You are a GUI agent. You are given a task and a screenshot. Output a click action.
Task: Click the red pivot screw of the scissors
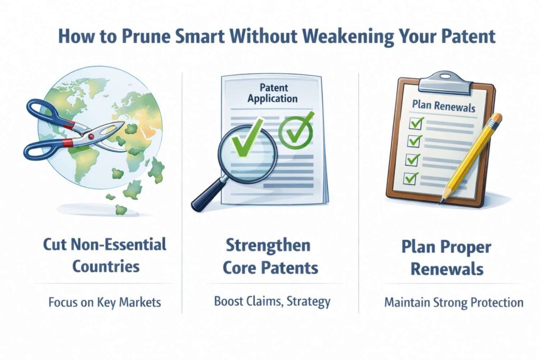pos(91,137)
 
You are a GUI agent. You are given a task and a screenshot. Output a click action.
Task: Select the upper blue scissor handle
pos(48,113)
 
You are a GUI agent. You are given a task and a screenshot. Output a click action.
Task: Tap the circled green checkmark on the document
pos(296,130)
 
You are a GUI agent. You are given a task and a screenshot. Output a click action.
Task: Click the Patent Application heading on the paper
pos(273,93)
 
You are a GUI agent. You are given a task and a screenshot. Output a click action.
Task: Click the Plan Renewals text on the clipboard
pos(443,106)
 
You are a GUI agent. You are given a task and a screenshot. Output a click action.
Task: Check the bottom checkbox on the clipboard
pos(410,178)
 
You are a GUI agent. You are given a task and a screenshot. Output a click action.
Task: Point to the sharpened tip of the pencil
pos(440,203)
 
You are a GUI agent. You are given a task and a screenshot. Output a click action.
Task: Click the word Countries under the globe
pos(105,266)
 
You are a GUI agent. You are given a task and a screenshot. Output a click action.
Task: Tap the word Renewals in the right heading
pos(447,269)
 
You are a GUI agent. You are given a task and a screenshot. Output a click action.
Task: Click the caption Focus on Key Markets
pos(105,303)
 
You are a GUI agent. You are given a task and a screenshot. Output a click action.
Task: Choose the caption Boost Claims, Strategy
pos(272,301)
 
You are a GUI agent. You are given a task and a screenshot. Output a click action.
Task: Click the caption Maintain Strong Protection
pos(454,303)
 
